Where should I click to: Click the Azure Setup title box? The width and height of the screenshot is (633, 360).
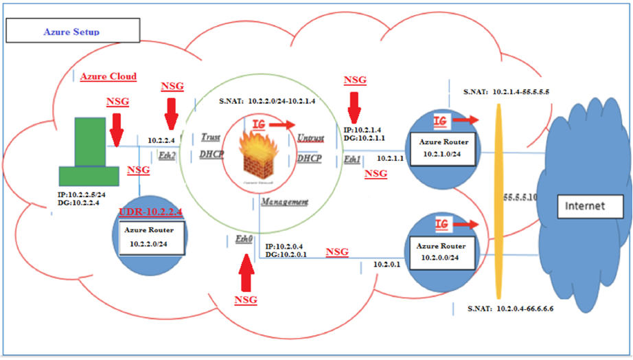[x=71, y=32]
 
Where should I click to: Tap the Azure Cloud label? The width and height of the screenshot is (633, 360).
[x=108, y=76]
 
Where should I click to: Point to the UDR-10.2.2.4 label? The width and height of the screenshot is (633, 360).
[x=151, y=211]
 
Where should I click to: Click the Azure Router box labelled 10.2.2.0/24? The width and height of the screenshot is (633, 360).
[x=151, y=236]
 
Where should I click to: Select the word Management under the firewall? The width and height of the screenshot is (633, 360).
[x=284, y=203]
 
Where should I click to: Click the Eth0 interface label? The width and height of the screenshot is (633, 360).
[x=244, y=239]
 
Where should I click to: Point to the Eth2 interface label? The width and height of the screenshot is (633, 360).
[x=167, y=155]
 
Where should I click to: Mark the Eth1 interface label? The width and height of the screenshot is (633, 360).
[x=352, y=160]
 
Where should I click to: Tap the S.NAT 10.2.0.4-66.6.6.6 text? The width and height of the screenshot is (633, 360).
[x=509, y=309]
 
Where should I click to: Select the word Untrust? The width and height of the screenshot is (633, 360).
[x=310, y=138]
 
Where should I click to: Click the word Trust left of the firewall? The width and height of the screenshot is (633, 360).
[x=210, y=137]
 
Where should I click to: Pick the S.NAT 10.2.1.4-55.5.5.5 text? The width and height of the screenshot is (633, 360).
[x=506, y=91]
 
